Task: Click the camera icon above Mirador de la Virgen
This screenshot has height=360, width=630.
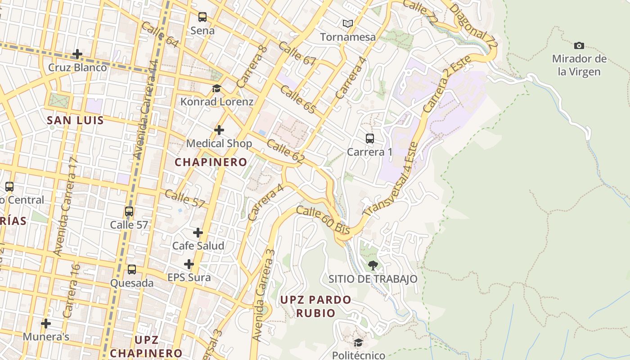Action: [x=579, y=45]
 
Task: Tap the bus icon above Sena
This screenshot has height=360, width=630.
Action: [x=202, y=18]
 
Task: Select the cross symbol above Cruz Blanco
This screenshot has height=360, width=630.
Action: [x=77, y=54]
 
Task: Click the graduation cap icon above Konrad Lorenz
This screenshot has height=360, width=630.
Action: [x=217, y=88]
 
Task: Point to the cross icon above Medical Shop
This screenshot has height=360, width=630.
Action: [x=219, y=130]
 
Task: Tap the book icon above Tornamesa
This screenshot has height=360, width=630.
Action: [x=347, y=23]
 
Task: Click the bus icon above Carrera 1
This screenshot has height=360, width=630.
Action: [x=370, y=139]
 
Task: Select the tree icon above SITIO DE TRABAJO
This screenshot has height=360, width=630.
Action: [x=373, y=265]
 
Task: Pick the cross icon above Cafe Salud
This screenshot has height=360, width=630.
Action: [x=198, y=233]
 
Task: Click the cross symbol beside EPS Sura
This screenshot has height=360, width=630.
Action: [x=189, y=264]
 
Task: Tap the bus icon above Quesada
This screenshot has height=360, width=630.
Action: [x=132, y=270]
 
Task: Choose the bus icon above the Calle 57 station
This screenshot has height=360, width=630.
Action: [x=129, y=211]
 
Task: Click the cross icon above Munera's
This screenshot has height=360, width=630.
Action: [x=46, y=323]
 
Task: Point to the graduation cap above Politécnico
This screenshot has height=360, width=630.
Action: [x=358, y=343]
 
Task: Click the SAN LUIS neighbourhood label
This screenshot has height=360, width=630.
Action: [x=75, y=121]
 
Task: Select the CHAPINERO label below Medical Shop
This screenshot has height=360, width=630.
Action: [x=211, y=162]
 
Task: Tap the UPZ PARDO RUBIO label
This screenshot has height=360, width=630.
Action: [x=315, y=306]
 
